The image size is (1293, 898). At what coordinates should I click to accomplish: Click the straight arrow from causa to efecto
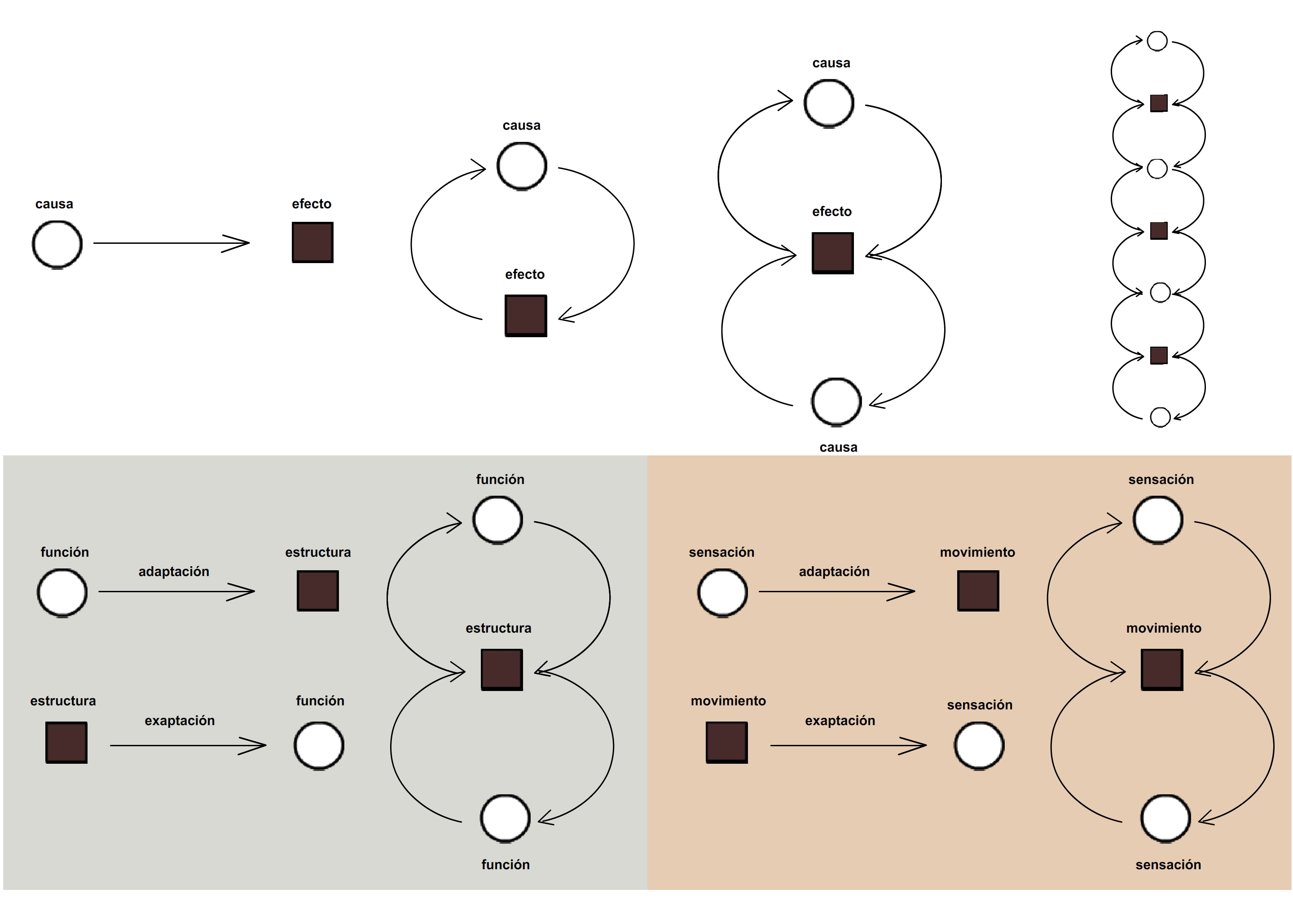point(171,243)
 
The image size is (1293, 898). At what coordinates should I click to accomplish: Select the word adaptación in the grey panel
point(174,572)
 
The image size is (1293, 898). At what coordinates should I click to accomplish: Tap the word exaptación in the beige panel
point(840,721)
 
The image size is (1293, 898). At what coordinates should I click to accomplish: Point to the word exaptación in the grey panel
point(180,721)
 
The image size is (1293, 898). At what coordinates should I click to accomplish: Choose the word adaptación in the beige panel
point(834,572)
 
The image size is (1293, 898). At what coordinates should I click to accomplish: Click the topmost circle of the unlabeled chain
point(1157,41)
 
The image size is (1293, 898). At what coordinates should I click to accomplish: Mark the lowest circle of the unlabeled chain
point(1160,417)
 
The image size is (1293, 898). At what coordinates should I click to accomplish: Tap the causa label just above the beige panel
point(838,447)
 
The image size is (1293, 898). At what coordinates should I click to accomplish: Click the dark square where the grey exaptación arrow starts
point(66,743)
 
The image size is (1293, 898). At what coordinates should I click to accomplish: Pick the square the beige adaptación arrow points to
point(978,591)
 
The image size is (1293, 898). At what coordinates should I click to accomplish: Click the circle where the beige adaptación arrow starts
point(722,593)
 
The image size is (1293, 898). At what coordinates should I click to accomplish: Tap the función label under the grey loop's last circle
point(505,865)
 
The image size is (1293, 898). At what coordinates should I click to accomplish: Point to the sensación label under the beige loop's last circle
point(1168,865)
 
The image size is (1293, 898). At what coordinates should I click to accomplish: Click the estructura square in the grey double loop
point(501,669)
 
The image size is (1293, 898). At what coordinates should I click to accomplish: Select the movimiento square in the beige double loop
point(1162,669)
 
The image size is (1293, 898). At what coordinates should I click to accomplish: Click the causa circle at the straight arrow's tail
point(57,244)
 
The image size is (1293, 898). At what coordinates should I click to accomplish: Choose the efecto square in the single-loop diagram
point(526,316)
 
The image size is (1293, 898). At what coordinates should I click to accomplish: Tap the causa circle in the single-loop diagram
point(522,166)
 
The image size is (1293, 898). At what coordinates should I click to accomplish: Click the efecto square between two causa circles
point(832,253)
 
